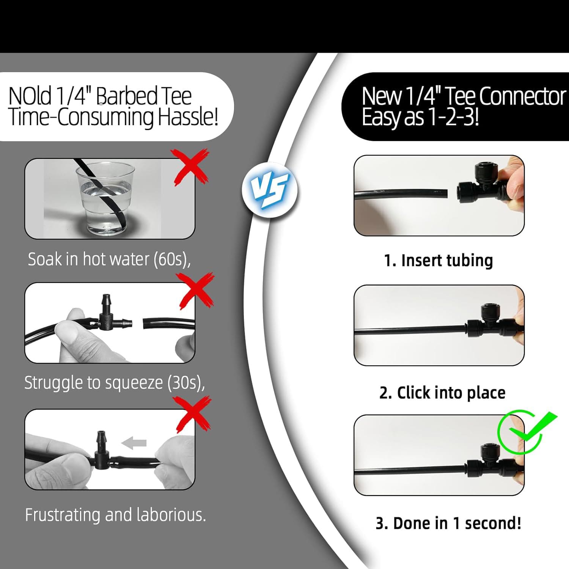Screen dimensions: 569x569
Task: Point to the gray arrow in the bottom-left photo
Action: coord(134,442)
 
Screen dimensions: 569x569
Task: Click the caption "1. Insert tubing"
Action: coord(438,261)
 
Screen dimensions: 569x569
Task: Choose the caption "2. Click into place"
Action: coord(442,393)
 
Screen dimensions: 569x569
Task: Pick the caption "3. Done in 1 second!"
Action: coord(448,523)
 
